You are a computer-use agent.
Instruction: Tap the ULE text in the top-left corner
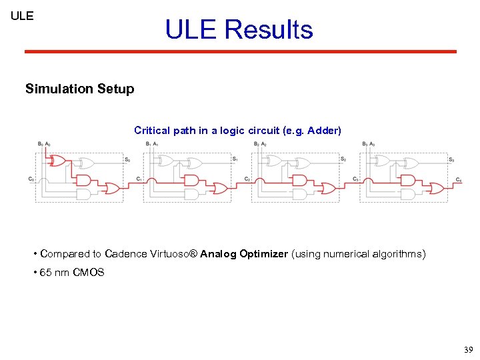(22, 15)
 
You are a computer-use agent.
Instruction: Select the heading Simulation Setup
(79, 89)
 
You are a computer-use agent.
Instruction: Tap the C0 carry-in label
(31, 179)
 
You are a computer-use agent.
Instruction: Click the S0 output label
(127, 159)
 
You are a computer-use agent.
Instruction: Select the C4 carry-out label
(458, 179)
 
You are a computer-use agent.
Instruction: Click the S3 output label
(451, 159)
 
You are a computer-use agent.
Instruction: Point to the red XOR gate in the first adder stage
(58, 161)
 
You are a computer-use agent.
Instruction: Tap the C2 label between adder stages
(247, 179)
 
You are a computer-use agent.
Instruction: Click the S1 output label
(235, 159)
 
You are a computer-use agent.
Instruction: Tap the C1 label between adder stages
(139, 179)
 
